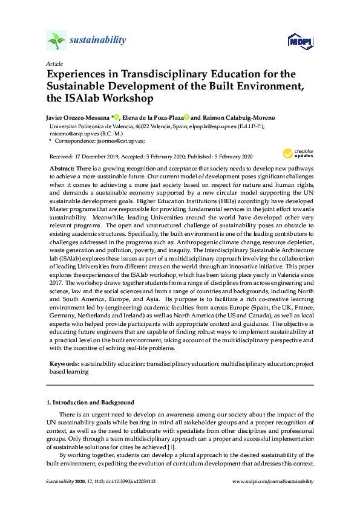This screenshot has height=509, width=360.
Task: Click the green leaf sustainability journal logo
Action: [56, 41]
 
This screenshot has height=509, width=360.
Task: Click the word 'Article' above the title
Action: [54, 63]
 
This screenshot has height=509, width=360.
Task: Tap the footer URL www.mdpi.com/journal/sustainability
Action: [273, 481]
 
